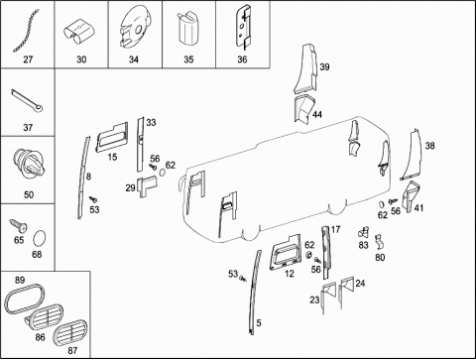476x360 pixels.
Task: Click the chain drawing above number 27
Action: tap(27, 31)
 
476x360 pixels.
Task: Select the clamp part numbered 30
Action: tap(79, 33)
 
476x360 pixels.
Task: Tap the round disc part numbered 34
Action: tap(135, 28)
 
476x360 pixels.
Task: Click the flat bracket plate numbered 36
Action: tap(244, 27)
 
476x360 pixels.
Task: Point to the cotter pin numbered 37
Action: tap(27, 101)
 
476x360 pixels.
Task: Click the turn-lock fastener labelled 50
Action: tap(29, 164)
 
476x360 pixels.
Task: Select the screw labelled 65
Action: tap(18, 226)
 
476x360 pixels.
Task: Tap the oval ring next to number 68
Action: tap(40, 238)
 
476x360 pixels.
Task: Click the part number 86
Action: tap(40, 337)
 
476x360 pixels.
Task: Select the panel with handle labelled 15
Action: tap(112, 137)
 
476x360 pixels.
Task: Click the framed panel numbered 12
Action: tap(286, 251)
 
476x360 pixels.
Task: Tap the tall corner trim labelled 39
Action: tap(305, 69)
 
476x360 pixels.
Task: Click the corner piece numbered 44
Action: tap(303, 109)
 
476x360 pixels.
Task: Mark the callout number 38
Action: tap(429, 146)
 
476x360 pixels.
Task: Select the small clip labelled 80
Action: tap(379, 242)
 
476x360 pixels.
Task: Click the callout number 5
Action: tap(259, 322)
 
